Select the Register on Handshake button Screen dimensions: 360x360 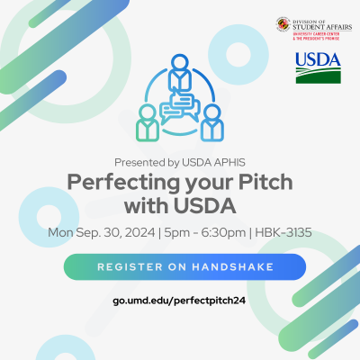click(x=184, y=267)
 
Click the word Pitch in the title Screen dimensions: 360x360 click(x=265, y=181)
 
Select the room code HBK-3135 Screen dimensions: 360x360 click(x=280, y=233)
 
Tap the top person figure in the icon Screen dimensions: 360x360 click(x=179, y=70)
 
